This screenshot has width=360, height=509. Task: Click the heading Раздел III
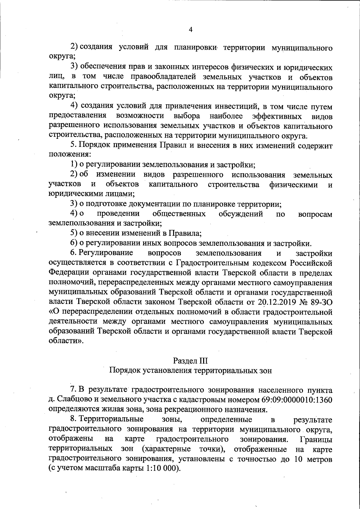pos(190,361)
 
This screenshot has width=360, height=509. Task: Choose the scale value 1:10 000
pos(161,477)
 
